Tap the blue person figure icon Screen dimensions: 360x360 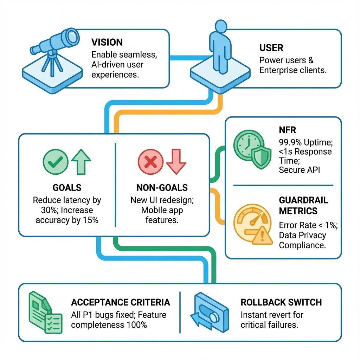coord(220,47)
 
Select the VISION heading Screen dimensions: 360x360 coord(107,42)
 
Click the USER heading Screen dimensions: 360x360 coord(271,48)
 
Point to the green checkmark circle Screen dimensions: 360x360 coord(56,162)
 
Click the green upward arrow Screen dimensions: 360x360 coord(81,162)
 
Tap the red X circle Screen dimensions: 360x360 coord(150,162)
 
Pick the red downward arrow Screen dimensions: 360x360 coord(176,162)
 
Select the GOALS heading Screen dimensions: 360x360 coord(67,188)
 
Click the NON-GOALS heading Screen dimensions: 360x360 coord(162,188)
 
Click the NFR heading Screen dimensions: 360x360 coord(288,130)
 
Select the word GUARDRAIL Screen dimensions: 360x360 coord(303,200)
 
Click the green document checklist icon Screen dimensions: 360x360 coord(45,312)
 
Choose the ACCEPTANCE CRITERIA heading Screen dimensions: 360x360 coord(121,302)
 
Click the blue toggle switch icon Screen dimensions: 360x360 coord(210,312)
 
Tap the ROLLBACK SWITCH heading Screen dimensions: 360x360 coord(281,302)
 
